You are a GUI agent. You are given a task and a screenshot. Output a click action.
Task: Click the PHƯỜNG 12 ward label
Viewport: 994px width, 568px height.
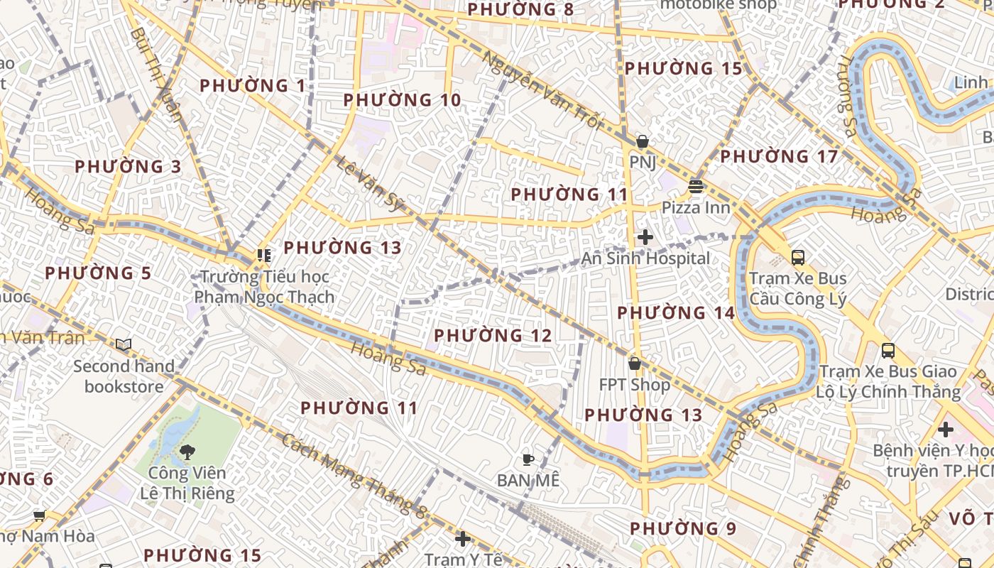pyautogui.click(x=493, y=335)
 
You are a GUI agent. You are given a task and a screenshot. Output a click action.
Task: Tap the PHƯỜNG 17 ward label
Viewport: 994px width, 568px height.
pyautogui.click(x=779, y=156)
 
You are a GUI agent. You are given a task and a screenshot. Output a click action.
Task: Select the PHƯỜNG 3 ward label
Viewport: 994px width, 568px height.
pyautogui.click(x=128, y=167)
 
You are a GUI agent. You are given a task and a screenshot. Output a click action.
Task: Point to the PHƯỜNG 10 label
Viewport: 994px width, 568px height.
pyautogui.click(x=402, y=100)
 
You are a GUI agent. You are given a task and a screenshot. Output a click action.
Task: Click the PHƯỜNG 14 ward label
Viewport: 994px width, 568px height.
pyautogui.click(x=675, y=313)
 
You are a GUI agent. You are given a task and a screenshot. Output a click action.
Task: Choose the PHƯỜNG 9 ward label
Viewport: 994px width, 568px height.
pyautogui.click(x=683, y=528)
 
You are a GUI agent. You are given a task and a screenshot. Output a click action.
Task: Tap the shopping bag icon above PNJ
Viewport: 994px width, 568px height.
pyautogui.click(x=642, y=141)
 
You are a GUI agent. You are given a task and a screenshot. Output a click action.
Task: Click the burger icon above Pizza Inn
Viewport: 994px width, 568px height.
pyautogui.click(x=695, y=187)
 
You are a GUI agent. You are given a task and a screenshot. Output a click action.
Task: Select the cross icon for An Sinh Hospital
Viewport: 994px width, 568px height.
pyautogui.click(x=645, y=237)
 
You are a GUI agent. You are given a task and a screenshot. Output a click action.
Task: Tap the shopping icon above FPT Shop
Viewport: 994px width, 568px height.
pyautogui.click(x=634, y=364)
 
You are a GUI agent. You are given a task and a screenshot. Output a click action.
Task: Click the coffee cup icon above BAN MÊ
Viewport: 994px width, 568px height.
pyautogui.click(x=528, y=459)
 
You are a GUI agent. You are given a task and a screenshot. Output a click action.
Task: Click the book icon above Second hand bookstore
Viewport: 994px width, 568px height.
pyautogui.click(x=124, y=344)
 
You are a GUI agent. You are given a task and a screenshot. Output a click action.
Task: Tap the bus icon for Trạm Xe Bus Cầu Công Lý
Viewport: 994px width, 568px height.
pyautogui.click(x=798, y=257)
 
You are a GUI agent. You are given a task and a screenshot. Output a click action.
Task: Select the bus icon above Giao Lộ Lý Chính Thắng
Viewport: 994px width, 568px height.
pyautogui.click(x=887, y=350)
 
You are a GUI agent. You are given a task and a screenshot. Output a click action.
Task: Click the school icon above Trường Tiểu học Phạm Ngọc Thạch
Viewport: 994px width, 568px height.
pyautogui.click(x=264, y=255)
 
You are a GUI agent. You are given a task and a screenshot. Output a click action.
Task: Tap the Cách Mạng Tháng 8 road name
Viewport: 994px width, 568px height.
pyautogui.click(x=354, y=472)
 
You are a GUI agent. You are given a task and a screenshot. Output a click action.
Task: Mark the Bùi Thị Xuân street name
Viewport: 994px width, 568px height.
pyautogui.click(x=157, y=74)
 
